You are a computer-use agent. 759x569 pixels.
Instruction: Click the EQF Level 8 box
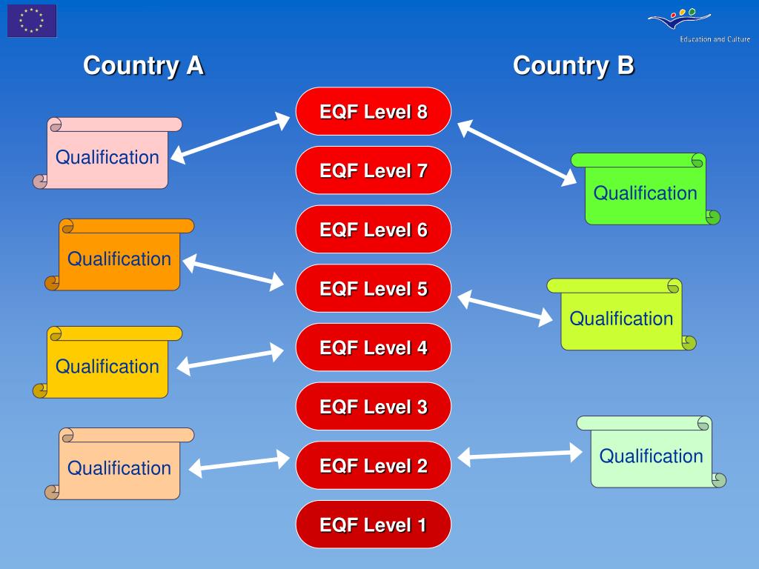(374, 112)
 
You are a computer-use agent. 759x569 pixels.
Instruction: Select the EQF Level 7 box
(374, 170)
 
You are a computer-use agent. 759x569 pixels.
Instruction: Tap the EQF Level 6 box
(374, 230)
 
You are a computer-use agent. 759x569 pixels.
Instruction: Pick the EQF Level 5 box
(374, 288)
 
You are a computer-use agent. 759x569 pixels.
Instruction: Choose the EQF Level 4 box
(374, 347)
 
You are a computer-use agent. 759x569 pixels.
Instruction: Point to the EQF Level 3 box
(374, 407)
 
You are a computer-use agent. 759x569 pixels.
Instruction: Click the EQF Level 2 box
(374, 465)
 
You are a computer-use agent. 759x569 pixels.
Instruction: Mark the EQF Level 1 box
(374, 525)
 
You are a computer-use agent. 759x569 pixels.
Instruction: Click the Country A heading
(143, 65)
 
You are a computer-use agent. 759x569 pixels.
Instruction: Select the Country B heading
(573, 65)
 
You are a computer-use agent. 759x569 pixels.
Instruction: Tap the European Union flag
(32, 21)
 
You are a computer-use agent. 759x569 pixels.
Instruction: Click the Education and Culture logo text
(715, 39)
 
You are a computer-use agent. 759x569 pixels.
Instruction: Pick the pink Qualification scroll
(107, 156)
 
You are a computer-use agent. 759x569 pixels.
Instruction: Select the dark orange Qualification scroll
(119, 258)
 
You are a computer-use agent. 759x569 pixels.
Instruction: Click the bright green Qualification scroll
(645, 193)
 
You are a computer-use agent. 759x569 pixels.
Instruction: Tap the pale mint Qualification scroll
(651, 455)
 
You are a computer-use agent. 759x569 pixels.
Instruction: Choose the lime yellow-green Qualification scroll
(621, 318)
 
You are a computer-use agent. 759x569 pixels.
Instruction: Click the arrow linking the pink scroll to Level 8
(231, 137)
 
